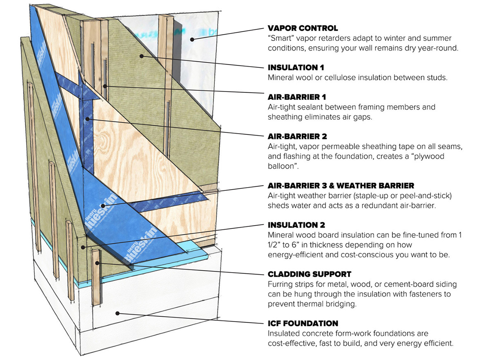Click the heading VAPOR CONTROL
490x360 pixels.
click(x=303, y=28)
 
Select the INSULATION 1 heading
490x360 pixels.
click(x=296, y=67)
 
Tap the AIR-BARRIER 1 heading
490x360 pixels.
click(x=297, y=97)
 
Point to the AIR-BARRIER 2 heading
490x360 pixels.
click(x=297, y=136)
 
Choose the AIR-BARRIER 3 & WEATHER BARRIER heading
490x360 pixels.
click(x=341, y=186)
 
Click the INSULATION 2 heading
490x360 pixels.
click(x=296, y=225)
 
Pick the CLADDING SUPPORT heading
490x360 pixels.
click(x=310, y=275)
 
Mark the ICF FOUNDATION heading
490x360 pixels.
click(x=303, y=324)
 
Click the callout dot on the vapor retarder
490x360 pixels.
click(x=192, y=40)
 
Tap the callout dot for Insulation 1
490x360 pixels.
click(x=142, y=56)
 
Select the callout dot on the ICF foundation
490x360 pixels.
click(x=118, y=313)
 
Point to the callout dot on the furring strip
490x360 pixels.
click(x=97, y=263)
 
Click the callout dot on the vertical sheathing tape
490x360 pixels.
click(x=87, y=119)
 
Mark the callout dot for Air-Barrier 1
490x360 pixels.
click(x=105, y=86)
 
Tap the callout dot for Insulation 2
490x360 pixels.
click(x=83, y=248)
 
